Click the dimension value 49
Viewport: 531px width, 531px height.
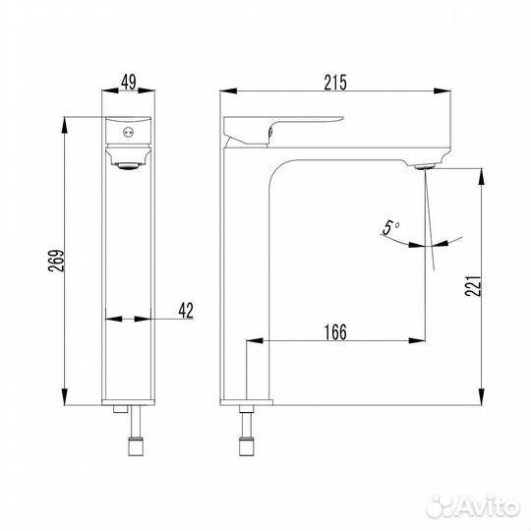pyautogui.click(x=129, y=83)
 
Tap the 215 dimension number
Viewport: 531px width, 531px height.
pyautogui.click(x=335, y=83)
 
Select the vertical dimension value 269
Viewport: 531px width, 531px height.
pyautogui.click(x=56, y=261)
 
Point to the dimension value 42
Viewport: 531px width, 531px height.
pyautogui.click(x=186, y=311)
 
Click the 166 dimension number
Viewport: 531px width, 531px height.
pyautogui.click(x=335, y=332)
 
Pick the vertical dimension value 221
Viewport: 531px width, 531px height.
pyautogui.click(x=473, y=286)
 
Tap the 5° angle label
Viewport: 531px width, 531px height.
pyautogui.click(x=390, y=227)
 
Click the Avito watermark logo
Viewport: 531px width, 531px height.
pyautogui.click(x=473, y=506)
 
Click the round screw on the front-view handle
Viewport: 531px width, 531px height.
pyautogui.click(x=129, y=133)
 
